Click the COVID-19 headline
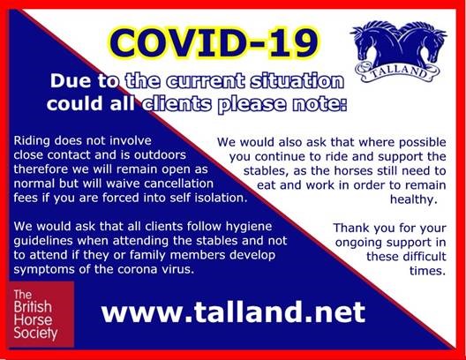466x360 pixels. point(214,43)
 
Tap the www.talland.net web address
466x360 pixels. point(233,311)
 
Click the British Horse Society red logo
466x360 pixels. point(41,314)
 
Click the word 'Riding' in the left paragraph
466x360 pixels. point(32,141)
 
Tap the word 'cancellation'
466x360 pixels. point(178,184)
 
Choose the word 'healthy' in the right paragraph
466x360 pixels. point(413,200)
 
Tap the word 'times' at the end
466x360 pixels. point(427,271)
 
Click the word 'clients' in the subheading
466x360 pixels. point(177,104)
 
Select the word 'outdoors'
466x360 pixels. point(160,155)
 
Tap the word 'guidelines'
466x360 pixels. point(43,241)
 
